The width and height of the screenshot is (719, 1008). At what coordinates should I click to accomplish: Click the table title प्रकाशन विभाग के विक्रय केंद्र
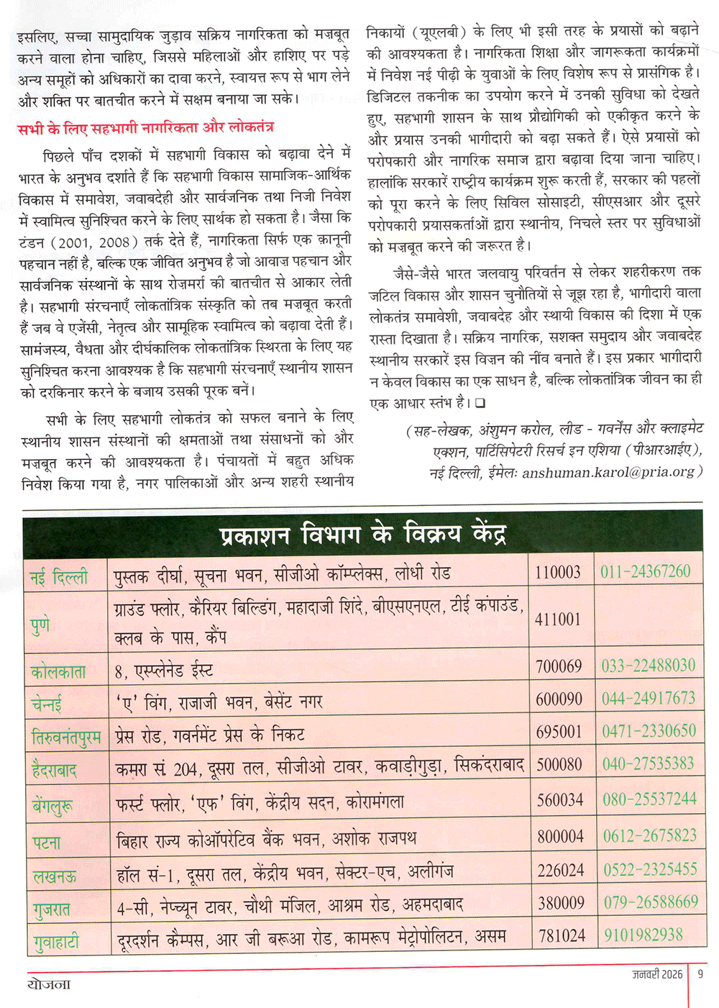point(363,535)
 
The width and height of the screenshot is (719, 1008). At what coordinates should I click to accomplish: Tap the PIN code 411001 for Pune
point(557,619)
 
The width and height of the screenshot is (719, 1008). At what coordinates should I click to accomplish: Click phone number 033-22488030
point(649,666)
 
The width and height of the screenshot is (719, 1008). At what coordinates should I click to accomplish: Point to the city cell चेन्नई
point(47,703)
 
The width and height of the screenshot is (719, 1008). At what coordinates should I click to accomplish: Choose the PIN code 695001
point(559,732)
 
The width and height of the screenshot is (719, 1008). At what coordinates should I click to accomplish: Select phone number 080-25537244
point(649,799)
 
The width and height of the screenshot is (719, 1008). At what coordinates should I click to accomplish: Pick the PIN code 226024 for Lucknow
point(561,871)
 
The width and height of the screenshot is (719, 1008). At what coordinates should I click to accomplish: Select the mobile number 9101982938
point(644,935)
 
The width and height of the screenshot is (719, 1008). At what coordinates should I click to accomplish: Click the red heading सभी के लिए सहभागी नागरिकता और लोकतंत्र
point(145,128)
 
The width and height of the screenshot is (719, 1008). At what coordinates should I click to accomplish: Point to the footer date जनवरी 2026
point(657,974)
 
